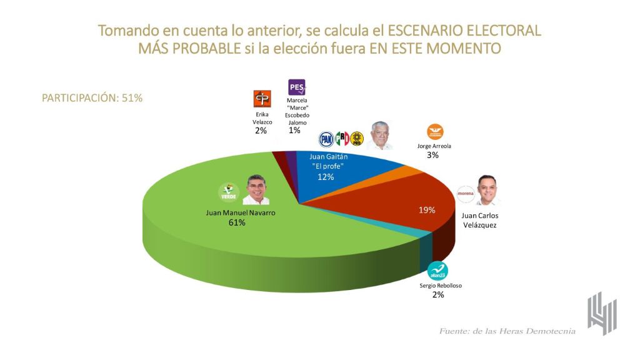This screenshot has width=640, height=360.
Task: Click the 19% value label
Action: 427,210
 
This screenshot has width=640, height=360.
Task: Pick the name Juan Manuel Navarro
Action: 241,212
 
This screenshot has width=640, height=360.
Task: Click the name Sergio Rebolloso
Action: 438,286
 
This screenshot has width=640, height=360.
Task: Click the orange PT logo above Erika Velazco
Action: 261,99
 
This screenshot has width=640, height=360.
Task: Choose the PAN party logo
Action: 326,139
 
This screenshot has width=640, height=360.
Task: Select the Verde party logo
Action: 229,192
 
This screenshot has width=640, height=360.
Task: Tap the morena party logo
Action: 466,193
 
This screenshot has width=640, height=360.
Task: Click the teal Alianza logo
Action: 437,271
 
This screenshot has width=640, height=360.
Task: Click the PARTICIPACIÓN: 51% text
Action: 92,98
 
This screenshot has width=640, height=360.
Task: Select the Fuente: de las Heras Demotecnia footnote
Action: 507,331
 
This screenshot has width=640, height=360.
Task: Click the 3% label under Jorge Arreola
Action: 432,155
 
